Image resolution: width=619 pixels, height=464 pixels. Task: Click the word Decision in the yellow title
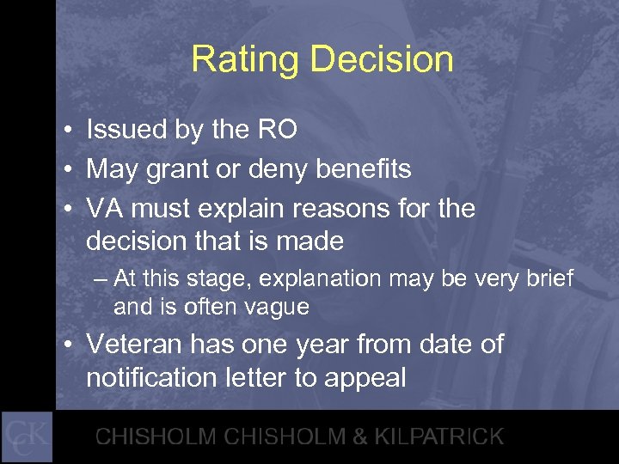pyautogui.click(x=382, y=59)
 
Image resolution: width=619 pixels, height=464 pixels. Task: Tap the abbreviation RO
pyautogui.click(x=278, y=130)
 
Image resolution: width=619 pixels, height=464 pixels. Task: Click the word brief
pyautogui.click(x=547, y=278)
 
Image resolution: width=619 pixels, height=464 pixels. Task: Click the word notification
pyautogui.click(x=146, y=378)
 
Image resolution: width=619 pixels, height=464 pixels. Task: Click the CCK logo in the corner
pyautogui.click(x=27, y=437)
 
